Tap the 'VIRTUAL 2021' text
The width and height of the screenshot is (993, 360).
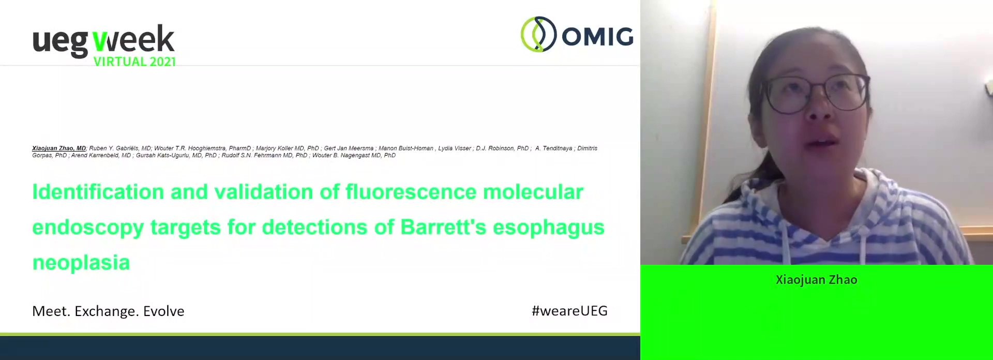(x=134, y=62)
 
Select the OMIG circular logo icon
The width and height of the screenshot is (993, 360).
(x=538, y=34)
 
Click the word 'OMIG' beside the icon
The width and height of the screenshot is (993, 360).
(x=597, y=36)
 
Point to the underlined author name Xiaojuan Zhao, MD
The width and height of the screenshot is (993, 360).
(x=59, y=148)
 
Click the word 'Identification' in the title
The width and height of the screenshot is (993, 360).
(x=98, y=192)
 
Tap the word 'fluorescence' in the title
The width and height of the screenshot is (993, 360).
(x=411, y=192)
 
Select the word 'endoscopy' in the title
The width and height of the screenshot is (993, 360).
(x=88, y=228)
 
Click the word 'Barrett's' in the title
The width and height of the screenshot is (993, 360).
(x=443, y=227)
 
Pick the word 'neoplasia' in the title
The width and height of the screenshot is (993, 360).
(x=81, y=263)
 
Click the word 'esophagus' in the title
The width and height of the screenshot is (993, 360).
(x=549, y=228)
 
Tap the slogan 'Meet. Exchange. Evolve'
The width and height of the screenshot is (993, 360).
(x=108, y=311)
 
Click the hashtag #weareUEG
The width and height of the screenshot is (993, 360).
(x=569, y=311)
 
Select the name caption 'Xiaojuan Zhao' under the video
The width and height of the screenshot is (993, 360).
(x=816, y=280)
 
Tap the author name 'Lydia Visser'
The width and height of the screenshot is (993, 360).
(x=455, y=148)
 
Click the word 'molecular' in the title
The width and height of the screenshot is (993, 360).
(x=533, y=192)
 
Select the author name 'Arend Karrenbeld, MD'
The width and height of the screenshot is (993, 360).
(x=101, y=155)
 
